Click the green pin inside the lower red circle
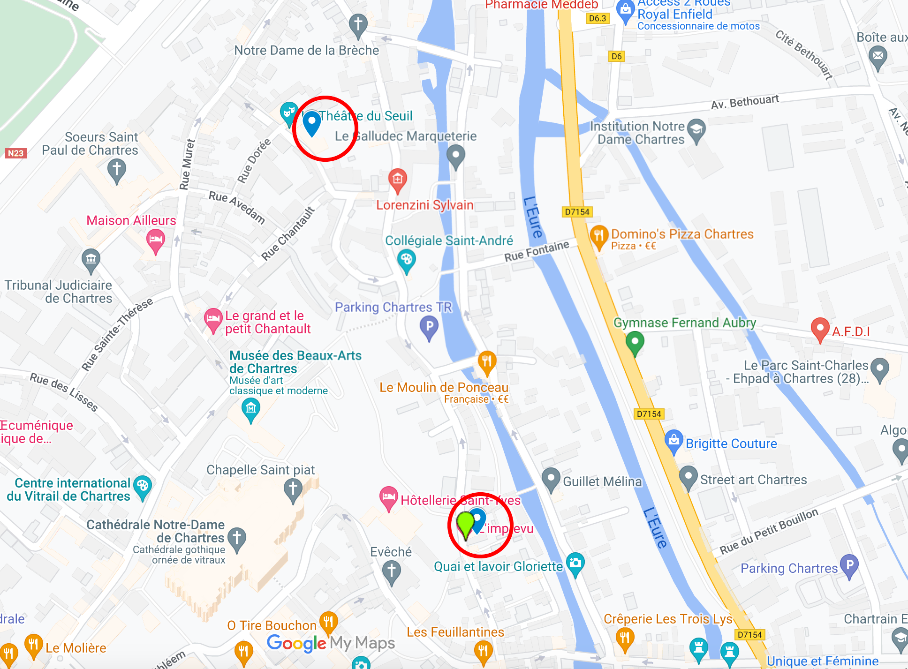pos(465,523)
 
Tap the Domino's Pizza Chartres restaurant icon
pos(598,235)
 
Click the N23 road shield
pos(15,153)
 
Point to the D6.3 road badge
pos(597,18)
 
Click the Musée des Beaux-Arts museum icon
pos(250,408)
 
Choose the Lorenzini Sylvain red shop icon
pos(397,179)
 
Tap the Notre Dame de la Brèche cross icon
pos(358,24)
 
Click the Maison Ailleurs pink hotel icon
pos(155,240)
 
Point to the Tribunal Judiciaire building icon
pos(91,259)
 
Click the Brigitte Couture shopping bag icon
pos(673,441)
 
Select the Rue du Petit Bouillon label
pos(769,531)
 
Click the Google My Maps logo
pos(331,643)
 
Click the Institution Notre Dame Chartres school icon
pos(696,129)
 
